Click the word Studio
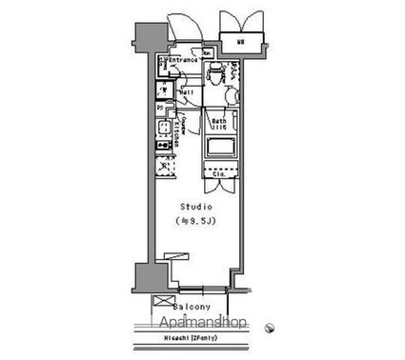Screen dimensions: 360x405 tap(199, 207)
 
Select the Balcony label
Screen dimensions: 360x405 tap(192, 308)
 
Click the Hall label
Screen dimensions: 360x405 tap(188, 92)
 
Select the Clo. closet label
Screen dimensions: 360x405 tap(218, 175)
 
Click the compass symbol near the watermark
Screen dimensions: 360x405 tap(270, 325)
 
